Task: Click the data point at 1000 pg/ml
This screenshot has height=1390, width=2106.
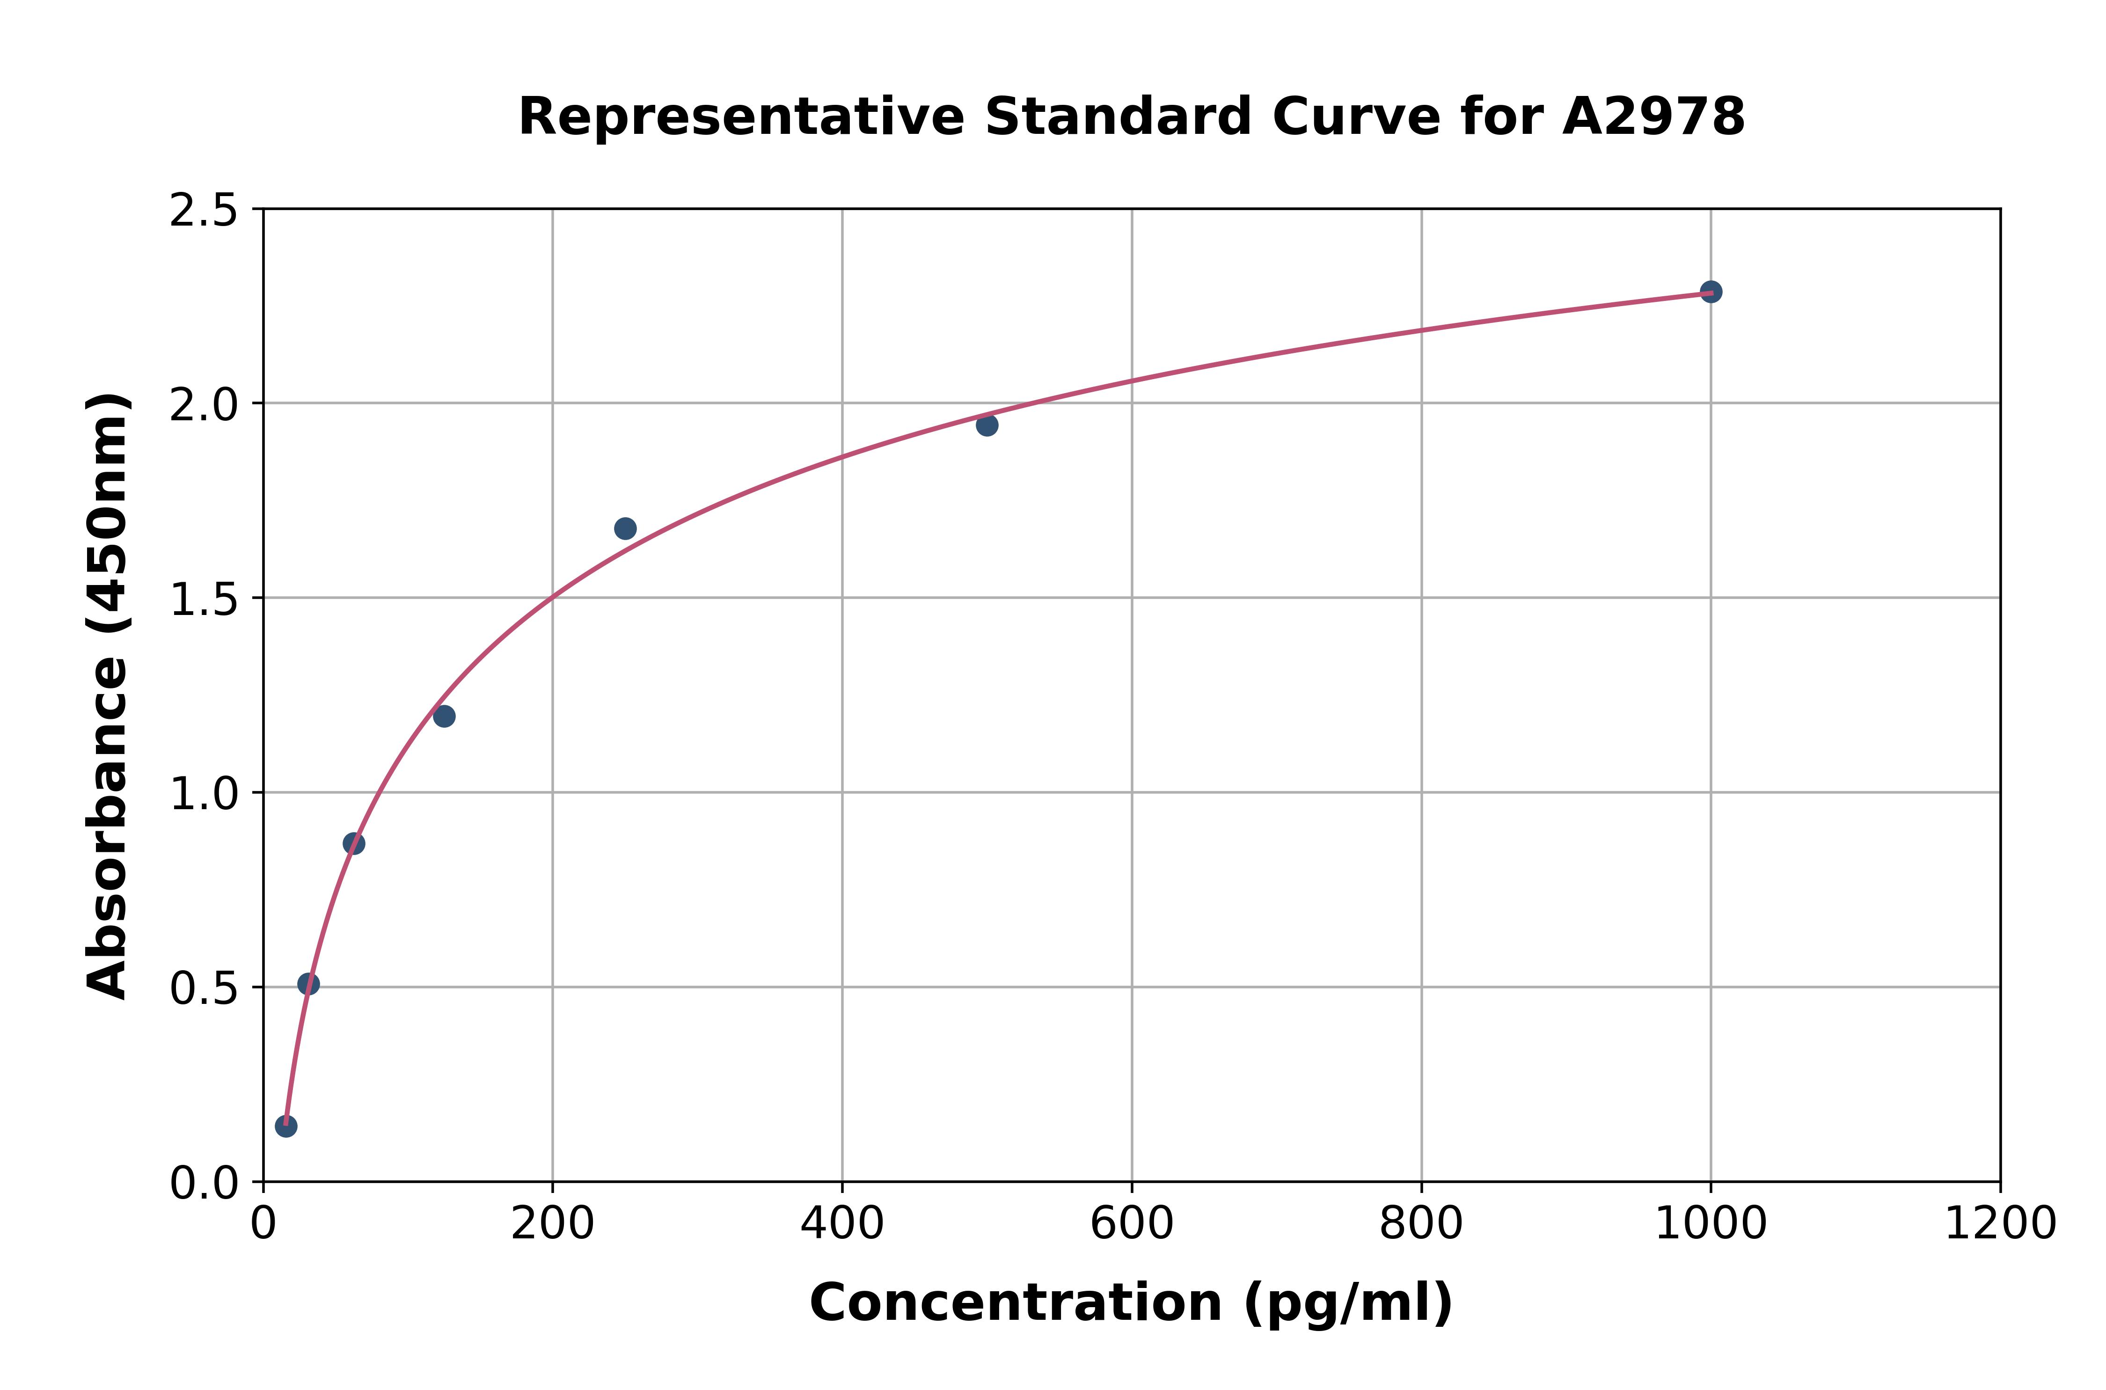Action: point(1711,292)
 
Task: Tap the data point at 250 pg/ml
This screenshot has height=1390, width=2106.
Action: point(625,528)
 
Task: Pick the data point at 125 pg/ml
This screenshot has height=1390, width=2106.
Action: point(444,716)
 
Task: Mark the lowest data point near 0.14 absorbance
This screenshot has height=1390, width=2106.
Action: point(285,1126)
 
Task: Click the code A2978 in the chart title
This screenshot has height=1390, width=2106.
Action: point(1653,117)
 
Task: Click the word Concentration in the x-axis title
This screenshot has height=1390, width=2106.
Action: point(1016,1303)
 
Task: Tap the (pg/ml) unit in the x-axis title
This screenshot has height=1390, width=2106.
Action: point(1347,1303)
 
